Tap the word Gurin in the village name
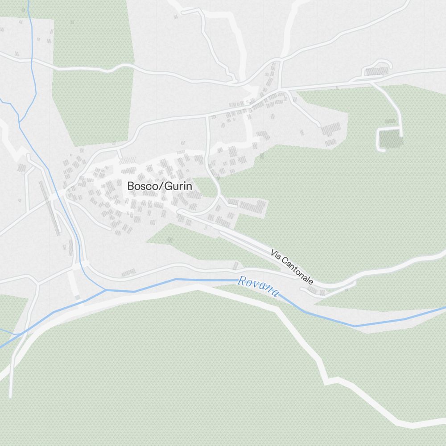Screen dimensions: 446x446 tap(178, 186)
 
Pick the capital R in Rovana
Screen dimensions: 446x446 tap(242, 281)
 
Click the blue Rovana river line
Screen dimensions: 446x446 tap(201, 280)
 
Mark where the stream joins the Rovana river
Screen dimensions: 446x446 tap(106, 290)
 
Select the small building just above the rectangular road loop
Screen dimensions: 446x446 tap(390, 121)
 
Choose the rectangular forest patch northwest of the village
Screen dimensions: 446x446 tap(93, 76)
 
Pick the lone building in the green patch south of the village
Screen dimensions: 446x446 tap(169, 240)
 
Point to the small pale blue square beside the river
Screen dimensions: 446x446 tap(78, 297)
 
